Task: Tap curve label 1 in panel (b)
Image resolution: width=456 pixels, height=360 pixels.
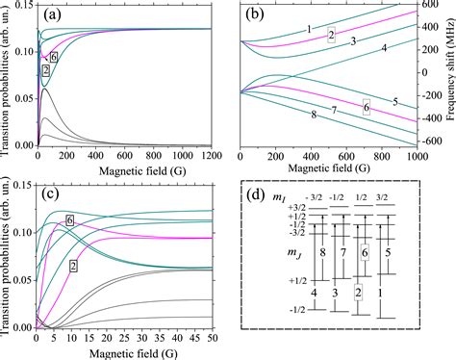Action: tap(309, 30)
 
